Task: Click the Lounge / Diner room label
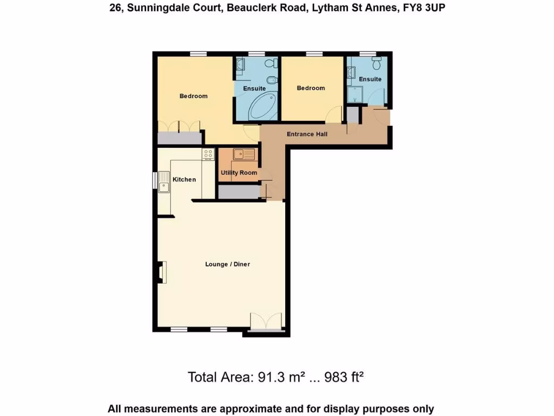pos(227,264)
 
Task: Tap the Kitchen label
pos(184,179)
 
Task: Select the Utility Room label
pos(239,173)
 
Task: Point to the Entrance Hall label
pos(307,134)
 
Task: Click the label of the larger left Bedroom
pos(193,96)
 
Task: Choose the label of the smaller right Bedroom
pos(311,88)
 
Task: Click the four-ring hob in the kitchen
pos(208,154)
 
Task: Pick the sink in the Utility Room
pos(244,154)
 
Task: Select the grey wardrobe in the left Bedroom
pos(179,138)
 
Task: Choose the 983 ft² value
pos(344,377)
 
